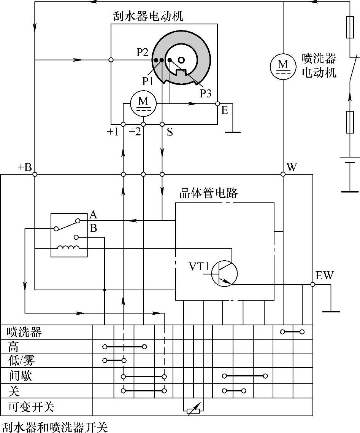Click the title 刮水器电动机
click(148, 16)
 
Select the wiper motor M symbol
click(143, 103)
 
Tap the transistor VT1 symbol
click(224, 273)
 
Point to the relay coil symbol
click(68, 248)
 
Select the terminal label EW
click(324, 275)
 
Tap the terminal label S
click(170, 132)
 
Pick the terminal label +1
click(113, 132)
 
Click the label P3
click(205, 94)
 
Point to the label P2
click(142, 53)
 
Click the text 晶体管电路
click(208, 193)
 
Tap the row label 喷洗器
click(24, 332)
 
